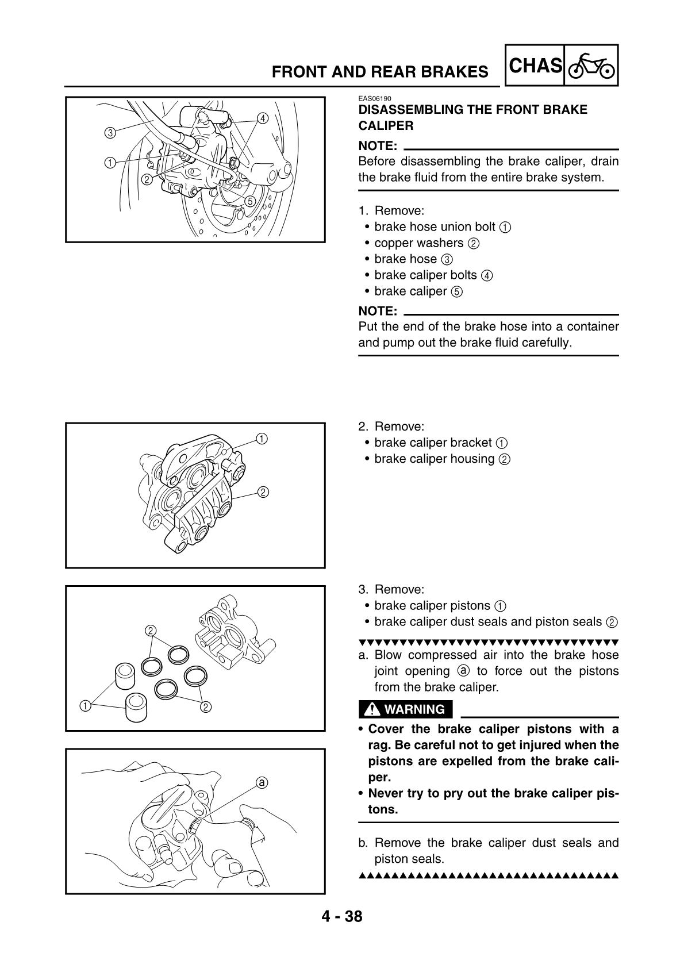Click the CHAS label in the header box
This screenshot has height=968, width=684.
pyautogui.click(x=535, y=66)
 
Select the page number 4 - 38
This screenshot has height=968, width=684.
pyautogui.click(x=342, y=916)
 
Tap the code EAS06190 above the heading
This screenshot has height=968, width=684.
pyautogui.click(x=374, y=99)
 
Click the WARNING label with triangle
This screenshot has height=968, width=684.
pyautogui.click(x=406, y=709)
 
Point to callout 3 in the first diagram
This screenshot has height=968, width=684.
pyautogui.click(x=109, y=133)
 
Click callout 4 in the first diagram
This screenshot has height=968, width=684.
pyautogui.click(x=263, y=118)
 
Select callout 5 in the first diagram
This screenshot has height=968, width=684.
pyautogui.click(x=250, y=201)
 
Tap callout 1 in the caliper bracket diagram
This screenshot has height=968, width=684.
pyautogui.click(x=262, y=439)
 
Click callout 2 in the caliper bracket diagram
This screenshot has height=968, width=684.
pyautogui.click(x=262, y=492)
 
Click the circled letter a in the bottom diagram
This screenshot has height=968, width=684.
pyautogui.click(x=262, y=782)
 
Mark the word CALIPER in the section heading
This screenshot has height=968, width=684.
pyautogui.click(x=386, y=125)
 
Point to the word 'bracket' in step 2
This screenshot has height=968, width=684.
pyautogui.click(x=471, y=443)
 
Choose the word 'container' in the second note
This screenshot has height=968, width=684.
pyautogui.click(x=593, y=326)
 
